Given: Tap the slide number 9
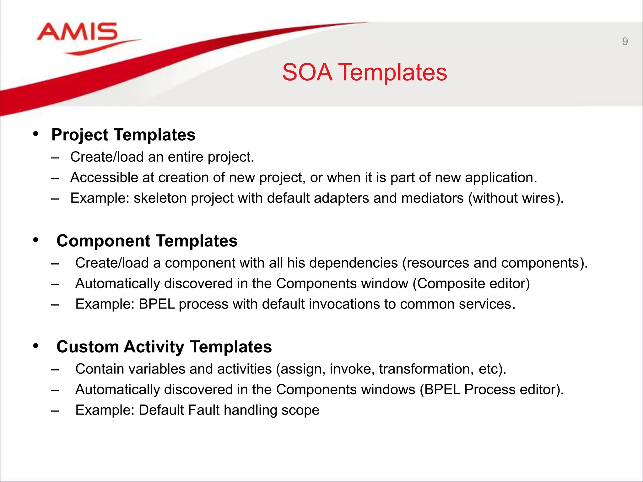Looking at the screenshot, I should [625, 41].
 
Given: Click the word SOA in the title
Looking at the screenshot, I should [307, 72].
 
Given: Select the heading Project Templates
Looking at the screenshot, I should [123, 135].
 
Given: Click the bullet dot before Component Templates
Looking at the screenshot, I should [36, 240].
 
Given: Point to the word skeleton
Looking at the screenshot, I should [160, 198].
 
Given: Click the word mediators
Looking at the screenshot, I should [432, 198].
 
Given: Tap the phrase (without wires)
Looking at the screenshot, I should [516, 198].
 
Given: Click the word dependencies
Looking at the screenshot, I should [354, 263].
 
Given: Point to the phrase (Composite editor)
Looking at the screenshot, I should [471, 284].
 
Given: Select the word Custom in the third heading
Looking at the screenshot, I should [88, 347].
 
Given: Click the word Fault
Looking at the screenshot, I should [204, 410].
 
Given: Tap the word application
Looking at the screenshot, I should [501, 178].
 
